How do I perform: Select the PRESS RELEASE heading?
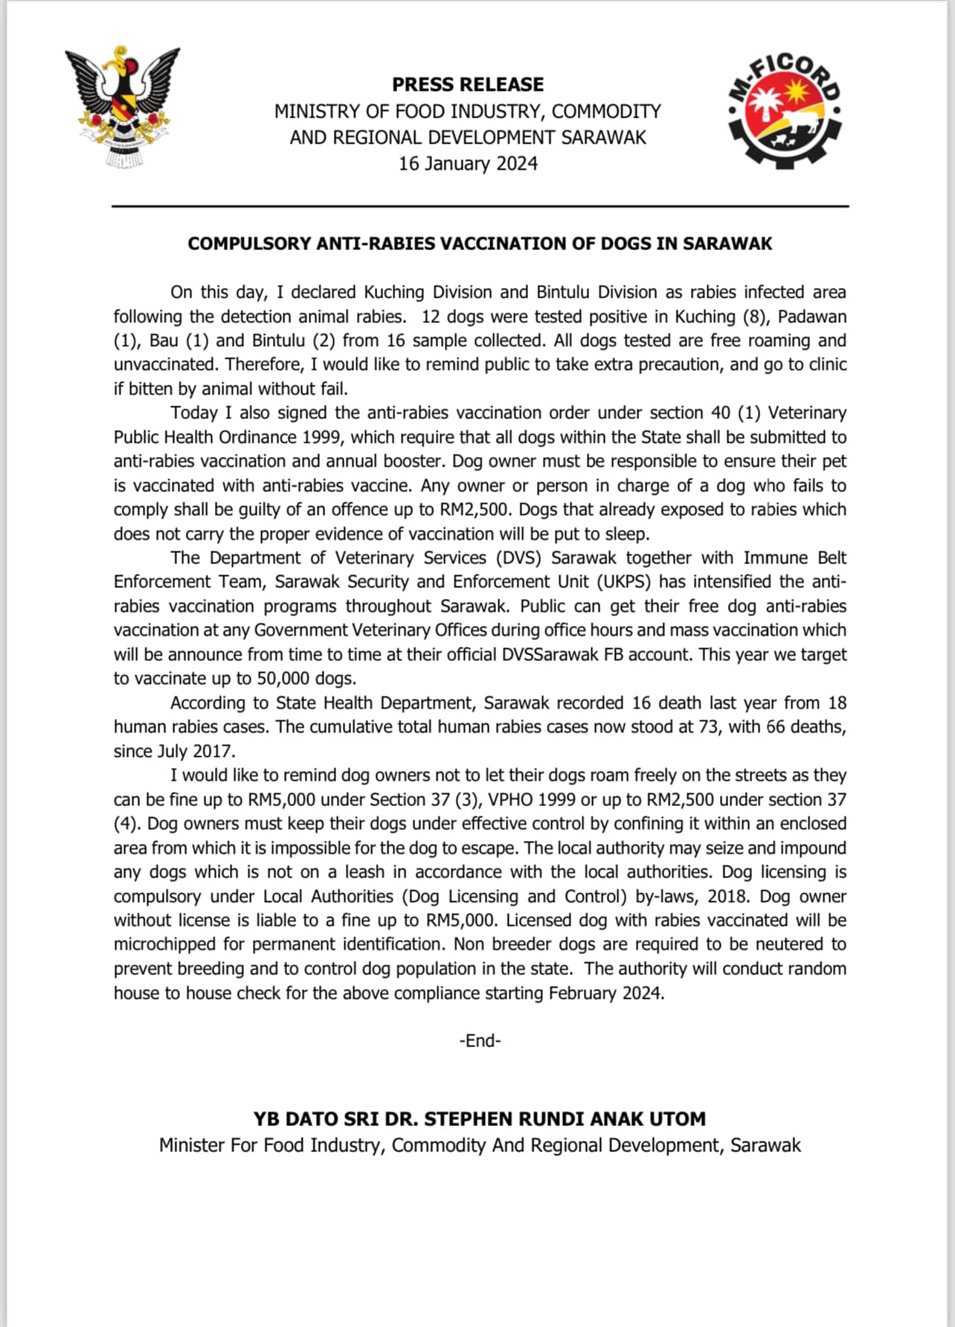click(468, 84)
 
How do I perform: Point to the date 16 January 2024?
click(468, 164)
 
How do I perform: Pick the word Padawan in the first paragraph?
click(812, 316)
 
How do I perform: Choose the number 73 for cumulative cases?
click(709, 726)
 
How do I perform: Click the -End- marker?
click(480, 1040)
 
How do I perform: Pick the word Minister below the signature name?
click(192, 1145)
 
